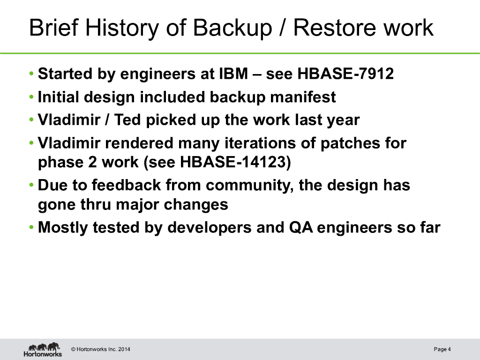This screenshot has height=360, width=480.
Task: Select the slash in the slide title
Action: [x=283, y=28]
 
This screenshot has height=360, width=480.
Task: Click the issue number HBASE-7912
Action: [x=345, y=74]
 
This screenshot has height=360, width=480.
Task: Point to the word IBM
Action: [x=233, y=74]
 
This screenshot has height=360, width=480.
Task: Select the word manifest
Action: [x=303, y=97]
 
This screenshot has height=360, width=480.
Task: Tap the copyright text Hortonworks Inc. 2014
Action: [x=100, y=349]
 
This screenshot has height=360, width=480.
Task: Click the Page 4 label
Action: [x=442, y=349]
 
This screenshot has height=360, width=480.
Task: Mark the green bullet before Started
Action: [x=31, y=74]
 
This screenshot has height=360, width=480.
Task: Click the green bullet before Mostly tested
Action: [x=31, y=227]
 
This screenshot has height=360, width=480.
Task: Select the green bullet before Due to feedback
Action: [x=31, y=185]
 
